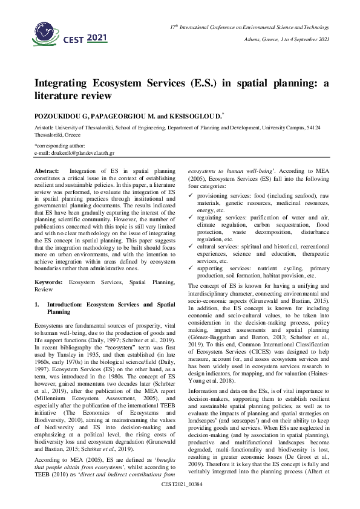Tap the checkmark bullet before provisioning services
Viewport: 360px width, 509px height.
[191, 214]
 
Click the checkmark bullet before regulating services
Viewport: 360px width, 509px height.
[191, 233]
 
